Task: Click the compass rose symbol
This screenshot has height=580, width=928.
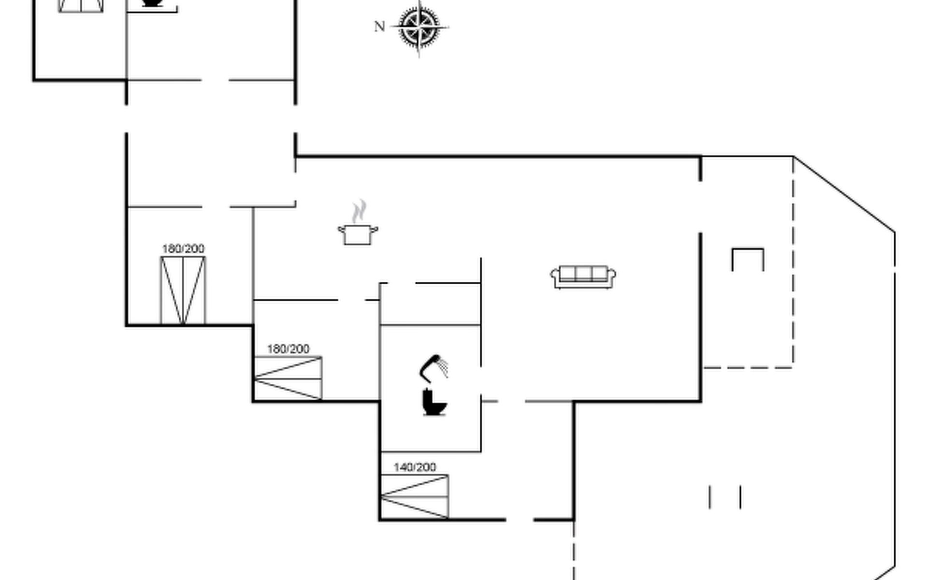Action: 419,28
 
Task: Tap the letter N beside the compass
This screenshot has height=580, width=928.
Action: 379,27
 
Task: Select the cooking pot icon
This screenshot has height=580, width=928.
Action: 358,235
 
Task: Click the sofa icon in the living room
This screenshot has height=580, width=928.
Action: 583,277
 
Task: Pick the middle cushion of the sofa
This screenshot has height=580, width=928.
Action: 583,274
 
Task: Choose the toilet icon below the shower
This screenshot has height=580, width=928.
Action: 434,402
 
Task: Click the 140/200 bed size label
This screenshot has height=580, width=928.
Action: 415,467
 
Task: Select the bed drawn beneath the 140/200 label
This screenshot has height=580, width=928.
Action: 415,497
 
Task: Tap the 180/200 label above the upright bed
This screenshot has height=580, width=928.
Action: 183,249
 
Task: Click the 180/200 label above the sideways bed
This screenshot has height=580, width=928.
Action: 288,349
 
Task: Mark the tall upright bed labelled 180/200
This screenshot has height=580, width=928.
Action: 183,290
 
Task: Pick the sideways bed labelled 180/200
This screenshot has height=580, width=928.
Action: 288,378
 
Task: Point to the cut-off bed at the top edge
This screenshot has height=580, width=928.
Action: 81,6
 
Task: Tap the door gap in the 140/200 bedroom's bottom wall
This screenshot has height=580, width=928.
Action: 520,520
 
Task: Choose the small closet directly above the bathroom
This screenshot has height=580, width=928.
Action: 430,304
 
